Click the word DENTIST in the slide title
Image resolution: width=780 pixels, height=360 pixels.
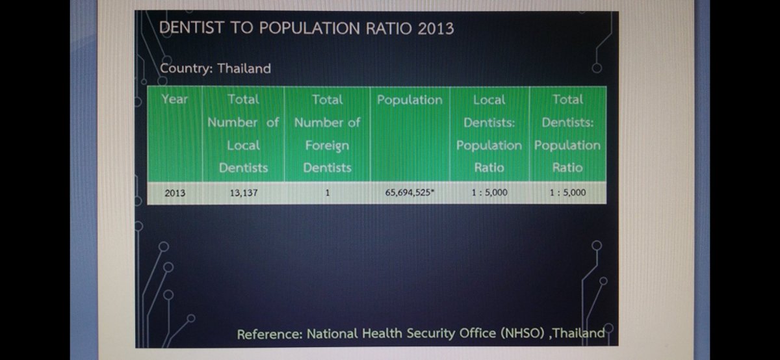tap(191, 28)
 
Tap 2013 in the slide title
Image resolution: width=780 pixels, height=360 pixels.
tap(435, 29)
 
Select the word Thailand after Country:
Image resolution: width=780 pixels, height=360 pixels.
tap(244, 68)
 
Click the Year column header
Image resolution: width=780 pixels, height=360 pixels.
tap(174, 99)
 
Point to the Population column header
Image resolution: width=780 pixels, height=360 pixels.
tap(409, 100)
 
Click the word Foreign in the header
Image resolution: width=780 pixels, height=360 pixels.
tap(327, 146)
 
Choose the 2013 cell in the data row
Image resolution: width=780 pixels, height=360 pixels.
tap(175, 193)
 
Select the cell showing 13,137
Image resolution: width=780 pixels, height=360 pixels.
tap(243, 193)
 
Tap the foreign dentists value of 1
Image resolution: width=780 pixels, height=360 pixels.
tap(328, 192)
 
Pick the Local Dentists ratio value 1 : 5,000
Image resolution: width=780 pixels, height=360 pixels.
tap(489, 192)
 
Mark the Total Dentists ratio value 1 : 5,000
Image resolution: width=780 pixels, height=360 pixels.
tap(567, 192)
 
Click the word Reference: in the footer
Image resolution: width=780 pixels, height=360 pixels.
tap(270, 334)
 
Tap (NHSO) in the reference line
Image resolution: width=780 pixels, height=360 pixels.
tap(523, 333)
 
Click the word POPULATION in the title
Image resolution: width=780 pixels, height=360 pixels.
tap(309, 28)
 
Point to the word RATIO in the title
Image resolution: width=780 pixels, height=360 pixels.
tap(389, 29)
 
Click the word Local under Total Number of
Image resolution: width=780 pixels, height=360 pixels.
tap(243, 146)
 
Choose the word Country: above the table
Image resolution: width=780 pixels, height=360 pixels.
tap(187, 68)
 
